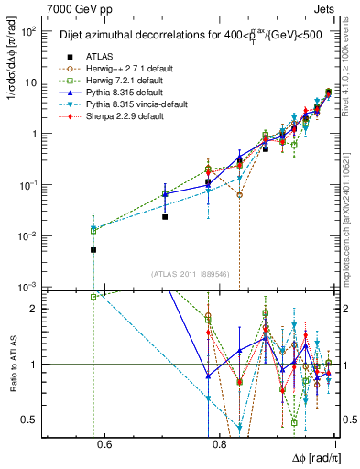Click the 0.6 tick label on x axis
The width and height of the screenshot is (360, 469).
point(104,446)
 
